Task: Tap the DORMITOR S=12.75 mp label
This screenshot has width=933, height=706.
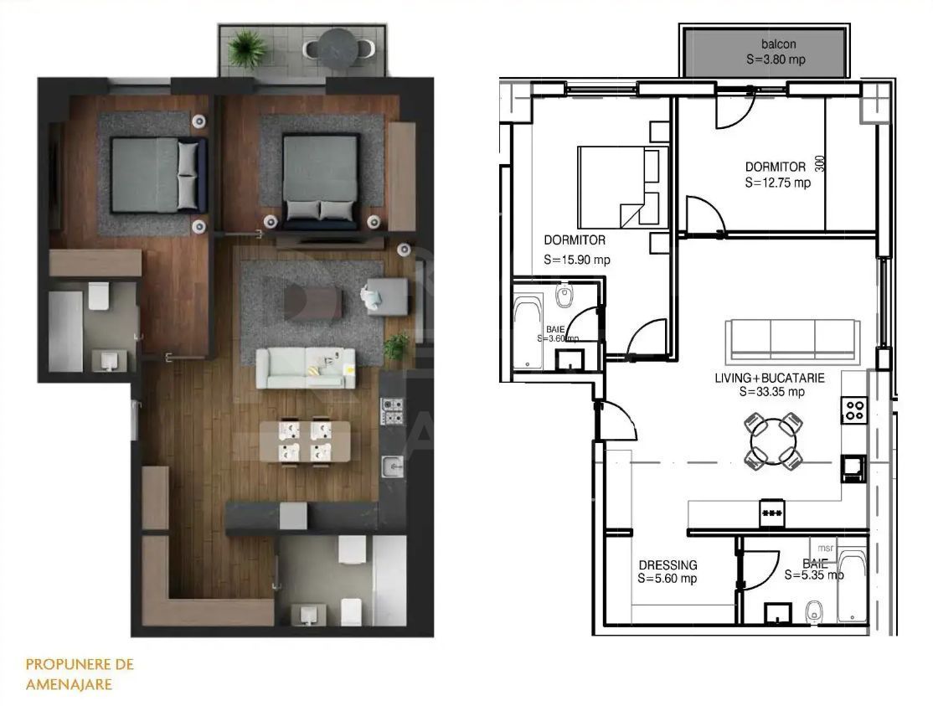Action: pos(778,174)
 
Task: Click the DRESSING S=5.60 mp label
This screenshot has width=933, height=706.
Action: pos(668,572)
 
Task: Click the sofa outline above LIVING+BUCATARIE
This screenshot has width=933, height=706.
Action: pos(791,338)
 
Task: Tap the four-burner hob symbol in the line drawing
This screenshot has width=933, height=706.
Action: pos(854,410)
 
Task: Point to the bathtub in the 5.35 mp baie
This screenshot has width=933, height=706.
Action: pos(853,585)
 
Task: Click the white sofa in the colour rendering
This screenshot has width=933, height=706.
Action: pos(306,367)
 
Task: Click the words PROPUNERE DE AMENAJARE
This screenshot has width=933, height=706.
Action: pos(80,673)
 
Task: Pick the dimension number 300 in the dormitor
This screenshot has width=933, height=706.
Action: pos(819,165)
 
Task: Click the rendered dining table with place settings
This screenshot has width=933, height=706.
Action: pos(305,441)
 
